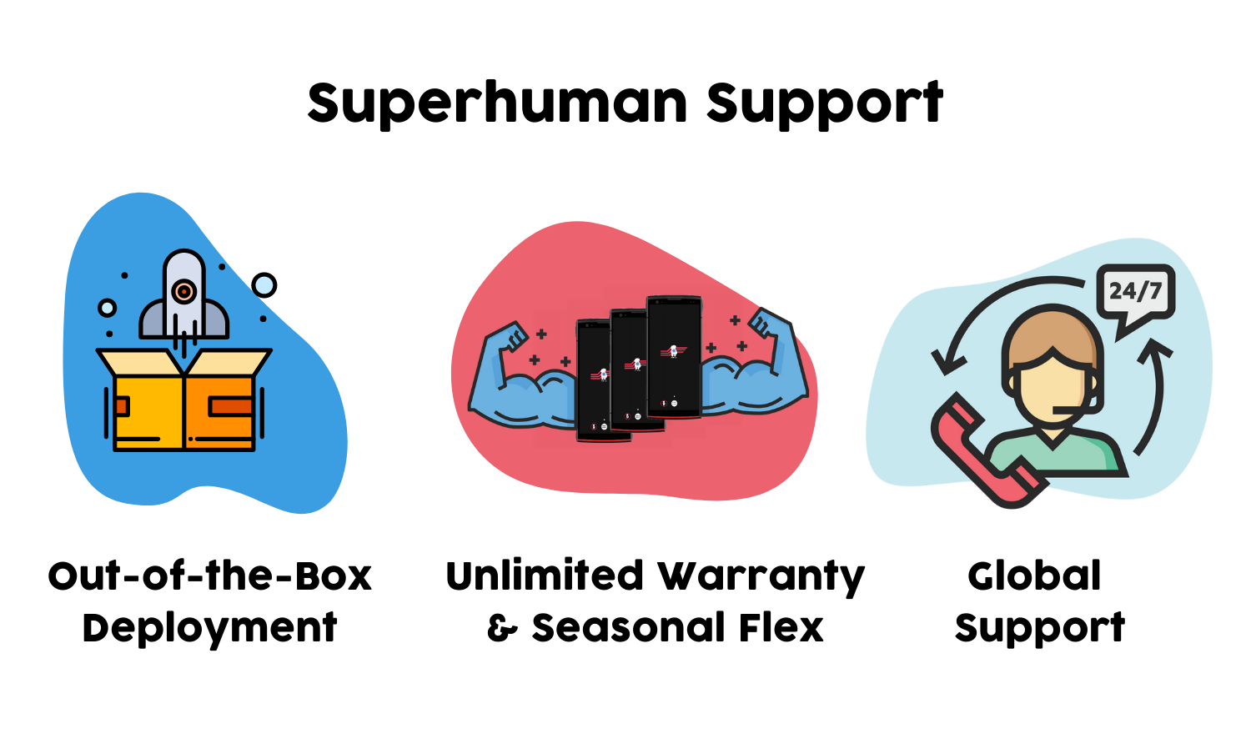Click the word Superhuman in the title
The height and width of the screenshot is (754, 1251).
point(497,103)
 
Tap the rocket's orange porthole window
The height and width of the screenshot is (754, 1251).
point(183,291)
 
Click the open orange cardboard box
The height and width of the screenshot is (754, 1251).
point(184,405)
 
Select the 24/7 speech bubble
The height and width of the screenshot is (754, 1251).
point(1135,293)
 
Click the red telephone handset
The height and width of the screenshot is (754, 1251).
point(984,455)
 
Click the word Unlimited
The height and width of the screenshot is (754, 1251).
point(544,576)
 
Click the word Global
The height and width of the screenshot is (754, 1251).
point(1034,576)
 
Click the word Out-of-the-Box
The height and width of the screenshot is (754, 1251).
point(209,576)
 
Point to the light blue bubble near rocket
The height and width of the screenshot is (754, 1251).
point(264,285)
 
